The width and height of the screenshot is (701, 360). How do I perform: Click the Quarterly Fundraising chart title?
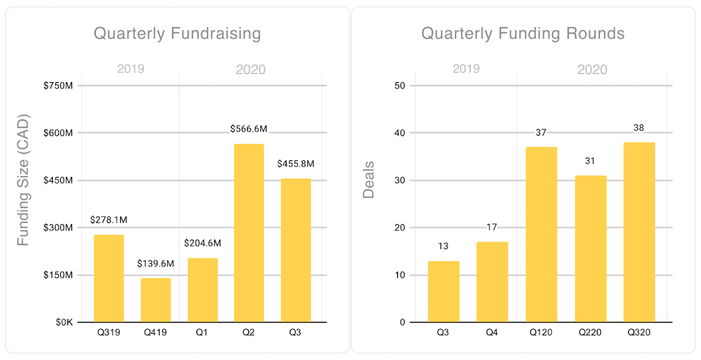[x=177, y=33]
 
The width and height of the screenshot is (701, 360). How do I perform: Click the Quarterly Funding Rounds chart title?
[x=523, y=33]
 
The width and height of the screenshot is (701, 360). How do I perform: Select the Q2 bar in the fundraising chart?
[x=249, y=233]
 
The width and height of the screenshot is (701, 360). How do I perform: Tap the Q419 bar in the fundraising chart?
[x=156, y=300]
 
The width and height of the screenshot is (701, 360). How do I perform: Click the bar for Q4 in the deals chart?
[x=492, y=282]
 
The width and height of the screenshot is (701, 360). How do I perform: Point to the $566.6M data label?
[x=249, y=128]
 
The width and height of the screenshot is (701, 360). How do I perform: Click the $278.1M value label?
[x=109, y=219]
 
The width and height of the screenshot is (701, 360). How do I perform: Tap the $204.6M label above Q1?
[x=202, y=243]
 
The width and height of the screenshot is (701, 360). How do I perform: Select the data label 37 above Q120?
[x=541, y=132]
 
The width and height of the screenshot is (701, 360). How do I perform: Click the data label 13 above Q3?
[x=443, y=246]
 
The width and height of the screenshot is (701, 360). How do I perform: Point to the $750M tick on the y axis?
[x=59, y=85]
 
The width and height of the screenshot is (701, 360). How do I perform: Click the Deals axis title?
[x=369, y=180]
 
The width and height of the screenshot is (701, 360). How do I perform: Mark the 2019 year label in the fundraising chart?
[x=131, y=69]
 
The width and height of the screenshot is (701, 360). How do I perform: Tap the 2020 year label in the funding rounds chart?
[x=592, y=69]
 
